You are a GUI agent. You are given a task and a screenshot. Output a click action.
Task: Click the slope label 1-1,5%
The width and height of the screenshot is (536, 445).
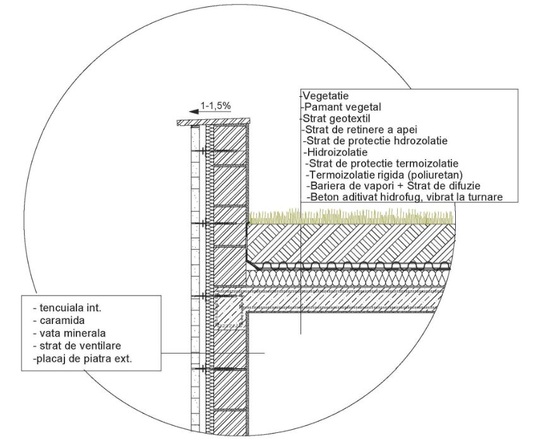pos(215,106)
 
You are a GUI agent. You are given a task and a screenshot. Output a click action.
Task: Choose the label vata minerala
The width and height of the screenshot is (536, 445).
pos(69,333)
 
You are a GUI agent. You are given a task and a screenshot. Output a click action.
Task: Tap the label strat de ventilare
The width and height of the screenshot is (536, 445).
pos(77,345)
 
